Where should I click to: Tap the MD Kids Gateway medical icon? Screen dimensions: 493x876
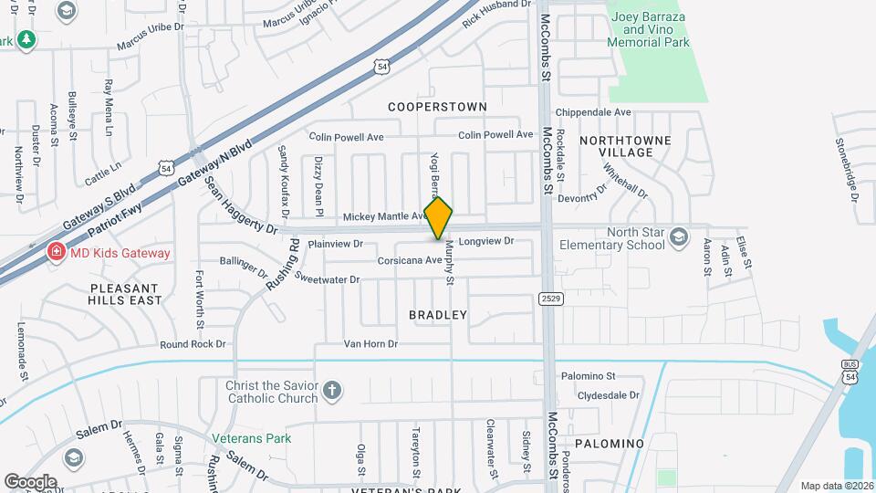[56, 252]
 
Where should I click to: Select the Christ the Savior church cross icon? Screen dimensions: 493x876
[332, 392]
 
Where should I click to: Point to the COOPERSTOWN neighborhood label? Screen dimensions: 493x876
[438, 107]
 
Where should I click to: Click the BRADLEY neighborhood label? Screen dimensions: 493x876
[438, 315]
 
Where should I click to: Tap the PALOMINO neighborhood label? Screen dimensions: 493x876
[610, 444]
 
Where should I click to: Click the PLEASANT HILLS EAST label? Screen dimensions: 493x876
[126, 293]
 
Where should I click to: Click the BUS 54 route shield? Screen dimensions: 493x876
[850, 372]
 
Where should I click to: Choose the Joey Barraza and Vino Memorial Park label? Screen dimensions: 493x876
[649, 28]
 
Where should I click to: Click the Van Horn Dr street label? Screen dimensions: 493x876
[370, 344]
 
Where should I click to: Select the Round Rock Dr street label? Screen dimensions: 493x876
[192, 344]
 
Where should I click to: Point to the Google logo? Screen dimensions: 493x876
[30, 481]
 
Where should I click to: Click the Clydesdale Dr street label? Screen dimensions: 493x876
[609, 395]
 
